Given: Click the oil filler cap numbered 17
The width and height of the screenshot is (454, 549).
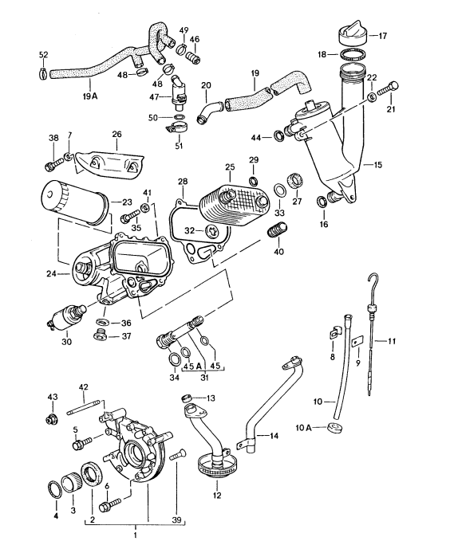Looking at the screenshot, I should click(351, 33).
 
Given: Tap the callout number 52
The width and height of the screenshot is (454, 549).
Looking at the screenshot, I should click(43, 54).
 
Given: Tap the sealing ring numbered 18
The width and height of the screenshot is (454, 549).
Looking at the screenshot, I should click(351, 55).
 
